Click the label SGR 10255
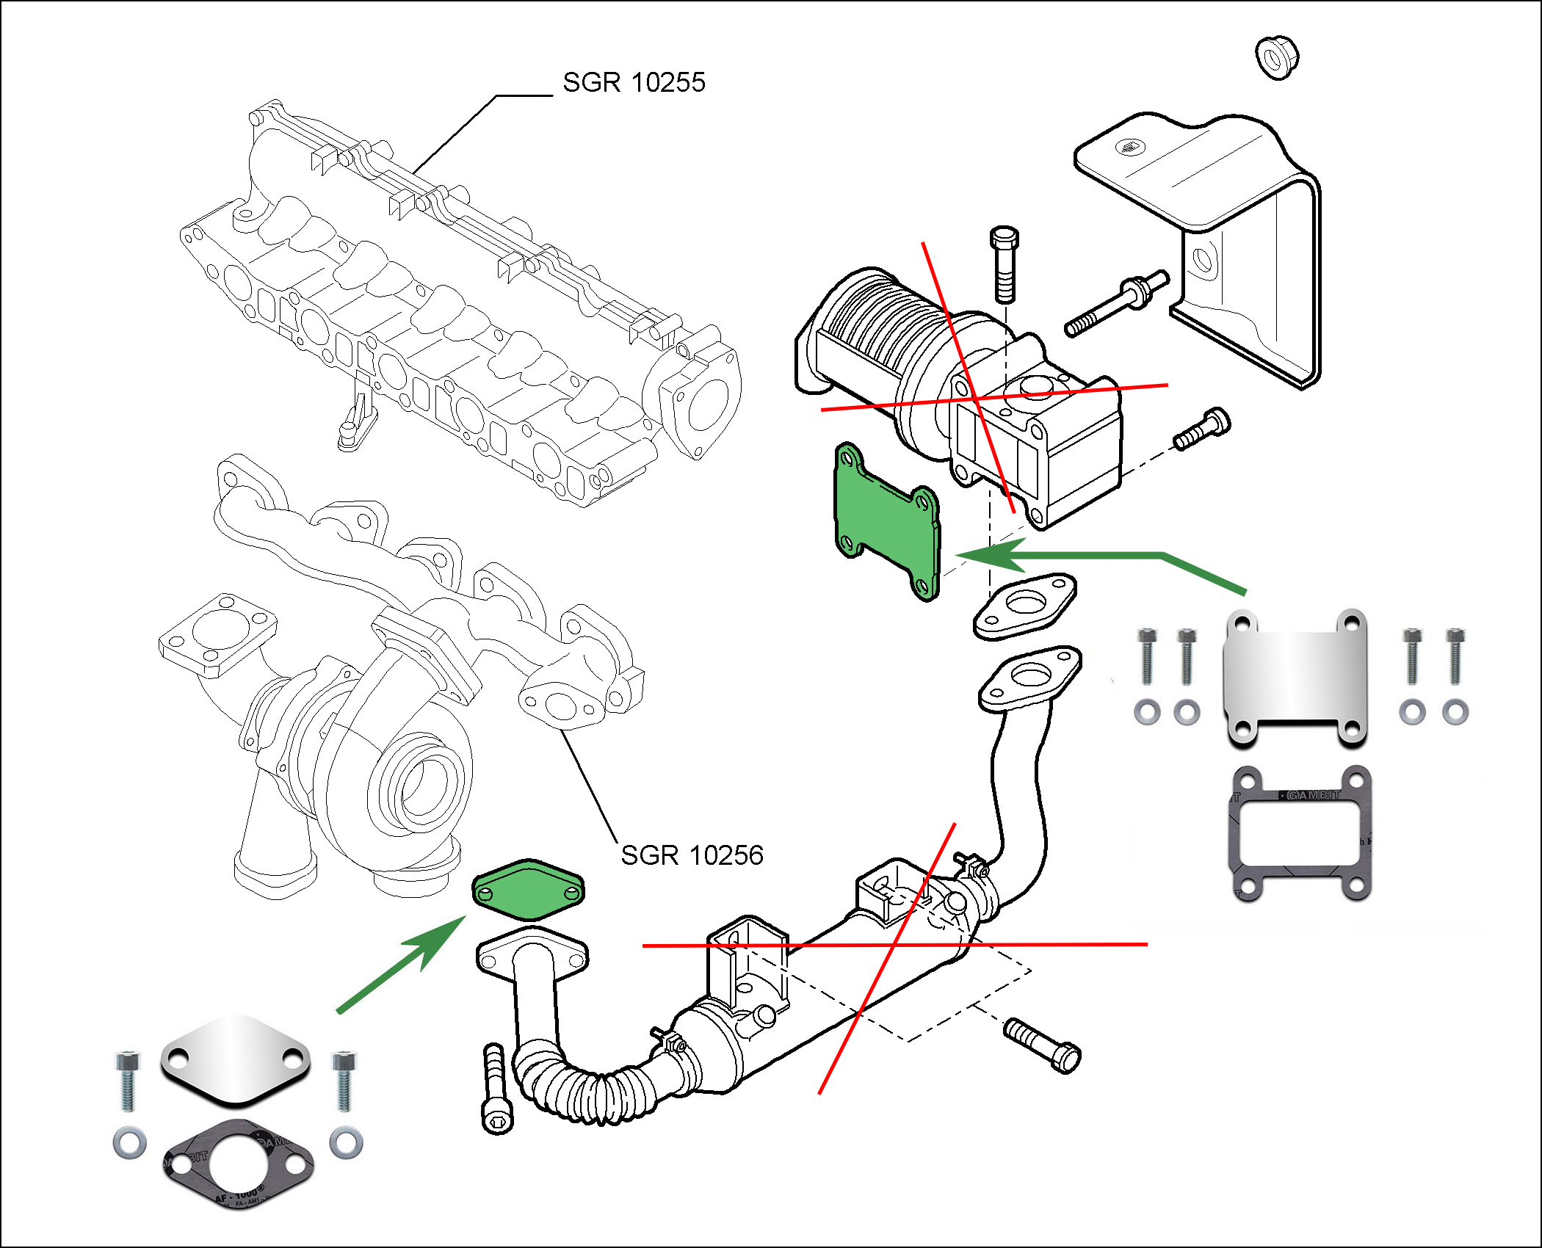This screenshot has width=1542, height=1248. point(634,82)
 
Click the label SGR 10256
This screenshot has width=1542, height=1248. point(692,855)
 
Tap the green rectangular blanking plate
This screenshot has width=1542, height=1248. point(887,522)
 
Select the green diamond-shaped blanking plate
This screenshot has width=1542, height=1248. point(528,890)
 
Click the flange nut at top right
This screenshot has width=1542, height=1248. point(1277,57)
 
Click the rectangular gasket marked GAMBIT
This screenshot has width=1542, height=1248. point(1300,833)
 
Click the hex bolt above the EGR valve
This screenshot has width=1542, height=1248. point(1004,264)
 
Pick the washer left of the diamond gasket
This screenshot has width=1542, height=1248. point(129,1143)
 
